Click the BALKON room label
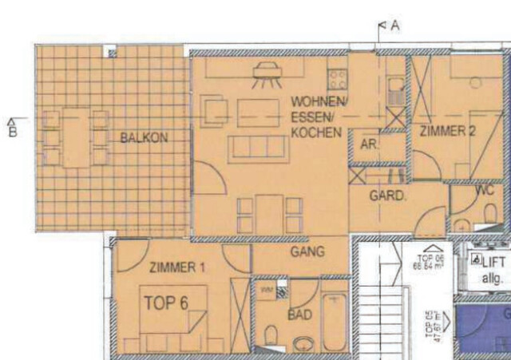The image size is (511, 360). (144, 137)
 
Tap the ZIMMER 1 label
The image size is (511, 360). (177, 268)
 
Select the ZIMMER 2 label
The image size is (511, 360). (448, 133)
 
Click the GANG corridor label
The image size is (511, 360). (307, 252)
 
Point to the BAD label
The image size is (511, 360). (300, 316)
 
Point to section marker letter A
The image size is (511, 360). (394, 26)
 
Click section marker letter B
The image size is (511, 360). (12, 132)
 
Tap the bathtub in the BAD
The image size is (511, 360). (335, 322)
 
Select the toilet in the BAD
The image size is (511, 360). (271, 336)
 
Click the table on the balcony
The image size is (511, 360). (76, 137)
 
